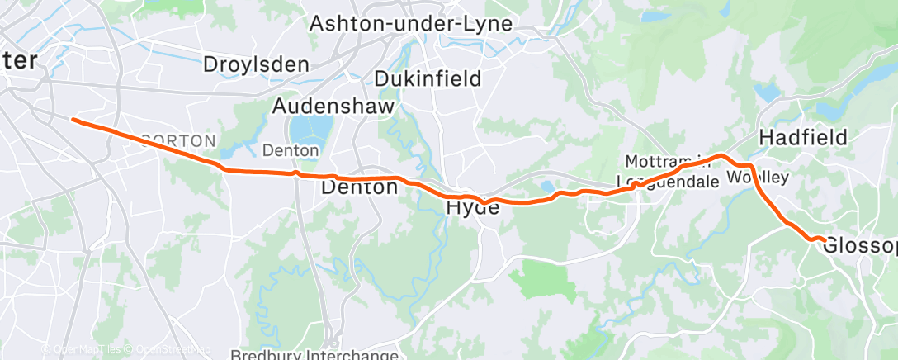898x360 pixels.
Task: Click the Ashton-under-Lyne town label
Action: point(410,24)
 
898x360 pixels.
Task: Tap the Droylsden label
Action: point(256,64)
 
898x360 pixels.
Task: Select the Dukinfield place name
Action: point(428,78)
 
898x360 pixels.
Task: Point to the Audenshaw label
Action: point(333,107)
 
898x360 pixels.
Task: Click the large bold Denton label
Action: point(358,187)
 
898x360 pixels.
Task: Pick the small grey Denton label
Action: point(290,150)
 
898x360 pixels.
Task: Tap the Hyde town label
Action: point(473,208)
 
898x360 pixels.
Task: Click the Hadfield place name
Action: point(803,137)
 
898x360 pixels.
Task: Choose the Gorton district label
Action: point(179,141)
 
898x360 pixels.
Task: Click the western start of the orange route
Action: point(73,120)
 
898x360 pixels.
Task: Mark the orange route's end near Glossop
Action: point(825,240)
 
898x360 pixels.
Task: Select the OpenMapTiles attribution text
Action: point(84,350)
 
